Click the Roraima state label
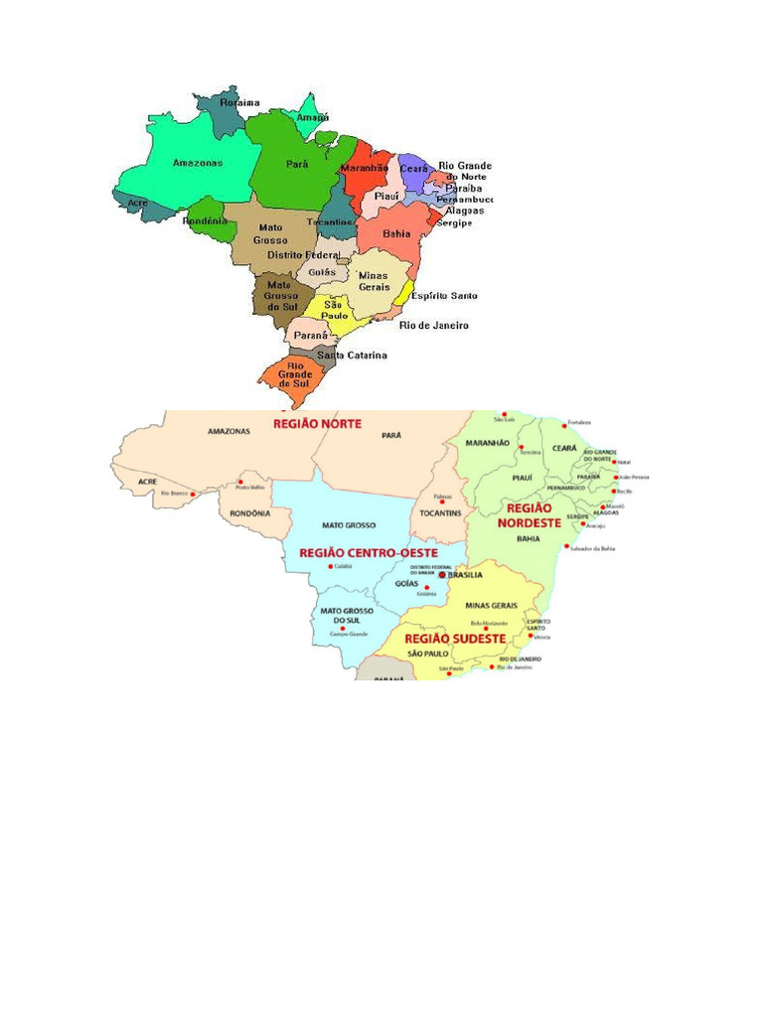coord(239,102)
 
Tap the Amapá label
coord(314,117)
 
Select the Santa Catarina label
coord(353,355)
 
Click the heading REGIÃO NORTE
coord(317,423)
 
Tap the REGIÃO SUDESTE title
coord(454,638)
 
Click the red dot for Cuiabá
coord(330,567)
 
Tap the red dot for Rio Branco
coord(193,493)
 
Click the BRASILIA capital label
coord(465,574)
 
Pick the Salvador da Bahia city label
coord(593,547)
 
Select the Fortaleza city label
coord(578,423)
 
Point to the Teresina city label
coord(530,452)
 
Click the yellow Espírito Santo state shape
coord(401,293)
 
